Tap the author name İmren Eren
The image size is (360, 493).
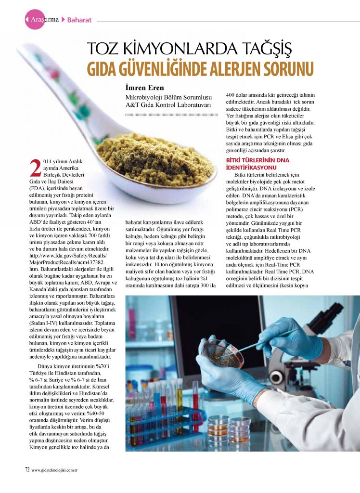tap(142, 88)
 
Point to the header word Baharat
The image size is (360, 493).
tap(79, 20)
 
